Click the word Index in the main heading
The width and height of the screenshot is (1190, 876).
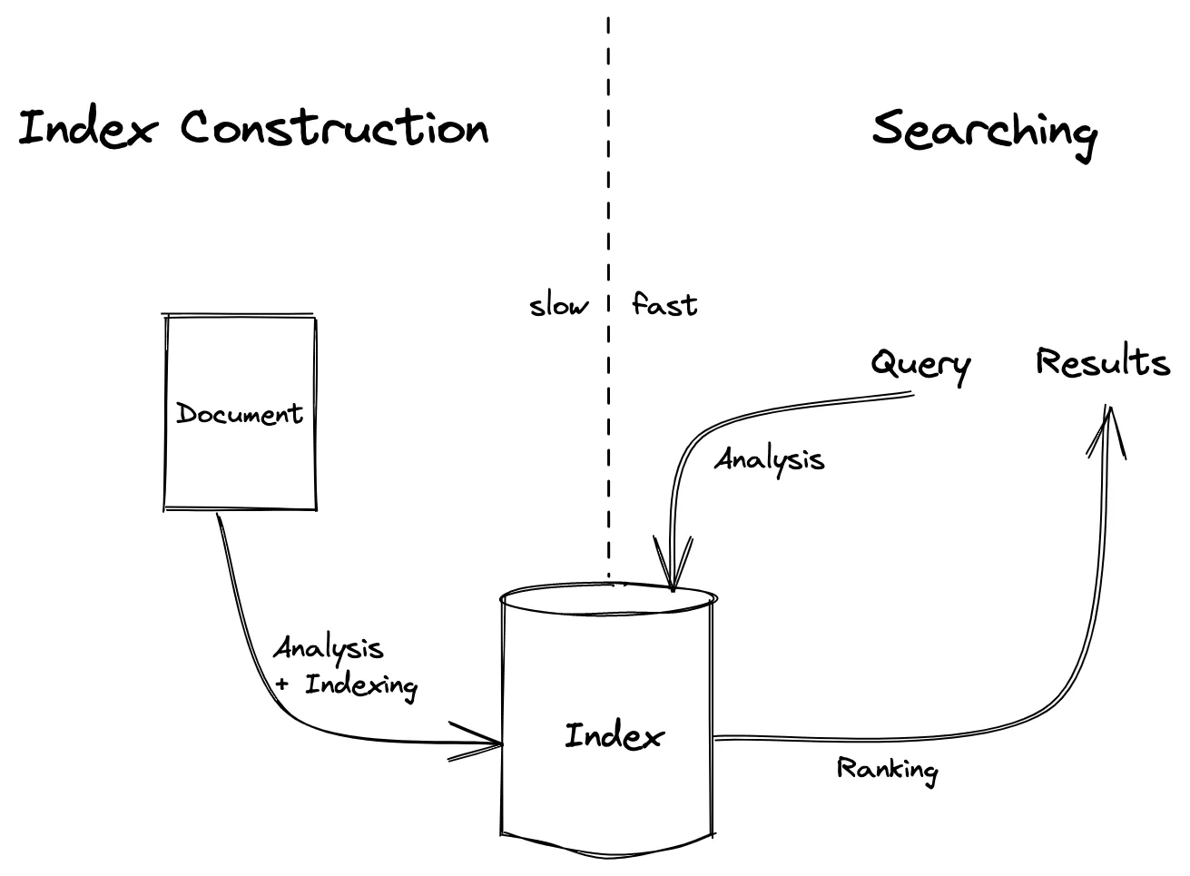click(x=87, y=128)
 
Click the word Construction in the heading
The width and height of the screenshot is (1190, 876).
click(x=334, y=127)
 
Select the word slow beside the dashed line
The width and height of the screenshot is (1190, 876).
click(x=558, y=305)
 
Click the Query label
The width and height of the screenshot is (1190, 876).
click(x=920, y=365)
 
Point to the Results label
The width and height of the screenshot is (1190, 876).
click(x=1102, y=362)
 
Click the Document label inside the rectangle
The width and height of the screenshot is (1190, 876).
click(x=240, y=414)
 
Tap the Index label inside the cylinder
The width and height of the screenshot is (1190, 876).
click(x=614, y=735)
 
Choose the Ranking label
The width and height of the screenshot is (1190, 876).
click(x=887, y=770)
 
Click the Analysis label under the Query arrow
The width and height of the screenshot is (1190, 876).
click(x=770, y=459)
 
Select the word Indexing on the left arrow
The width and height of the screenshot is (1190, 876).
click(x=361, y=685)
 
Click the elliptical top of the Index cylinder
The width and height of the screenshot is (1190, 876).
click(x=608, y=598)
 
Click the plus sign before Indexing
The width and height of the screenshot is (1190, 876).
click(x=282, y=684)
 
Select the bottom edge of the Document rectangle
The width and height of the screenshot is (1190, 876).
click(x=241, y=507)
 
